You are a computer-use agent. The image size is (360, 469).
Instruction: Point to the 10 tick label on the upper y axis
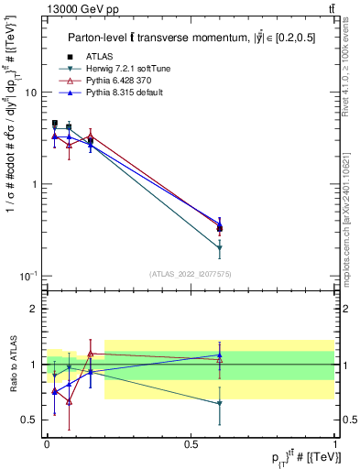point(30,93)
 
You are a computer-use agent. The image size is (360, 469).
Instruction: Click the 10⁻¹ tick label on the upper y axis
point(28,276)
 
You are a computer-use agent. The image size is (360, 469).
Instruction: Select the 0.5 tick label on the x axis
point(191,443)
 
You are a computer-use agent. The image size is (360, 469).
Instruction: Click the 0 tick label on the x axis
point(47,443)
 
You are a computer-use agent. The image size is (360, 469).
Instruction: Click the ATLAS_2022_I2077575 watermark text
point(190,274)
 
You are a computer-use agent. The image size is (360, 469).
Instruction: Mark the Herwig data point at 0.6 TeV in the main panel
point(220,248)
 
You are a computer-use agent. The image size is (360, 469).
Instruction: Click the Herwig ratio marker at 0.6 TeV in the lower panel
point(220,403)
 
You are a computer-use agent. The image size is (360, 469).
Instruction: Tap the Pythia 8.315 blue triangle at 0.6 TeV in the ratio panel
point(220,355)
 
